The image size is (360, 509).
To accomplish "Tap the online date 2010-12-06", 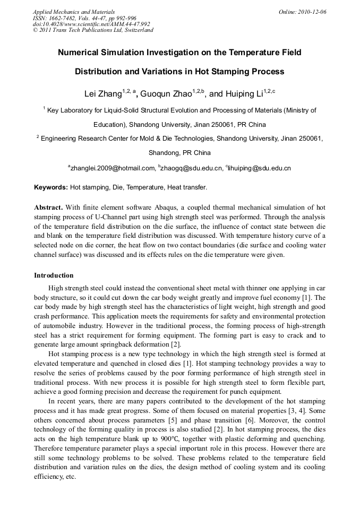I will pos(312,12).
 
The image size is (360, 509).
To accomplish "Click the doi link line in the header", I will pos(91,24).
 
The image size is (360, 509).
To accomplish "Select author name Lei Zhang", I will pos(103,94).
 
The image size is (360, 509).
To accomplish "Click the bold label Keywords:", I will pos(51,187).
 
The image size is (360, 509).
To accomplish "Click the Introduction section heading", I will pos(54,275).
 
